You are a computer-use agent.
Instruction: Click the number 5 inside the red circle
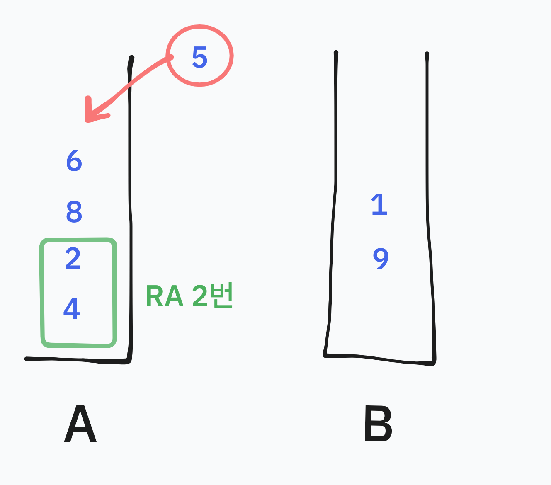[199, 57]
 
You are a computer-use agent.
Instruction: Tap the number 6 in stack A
[74, 160]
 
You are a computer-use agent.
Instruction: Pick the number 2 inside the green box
[73, 259]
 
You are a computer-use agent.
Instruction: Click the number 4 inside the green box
[72, 308]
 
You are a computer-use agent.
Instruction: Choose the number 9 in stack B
[381, 259]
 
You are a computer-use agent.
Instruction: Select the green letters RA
[165, 297]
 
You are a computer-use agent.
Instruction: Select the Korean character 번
[222, 295]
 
